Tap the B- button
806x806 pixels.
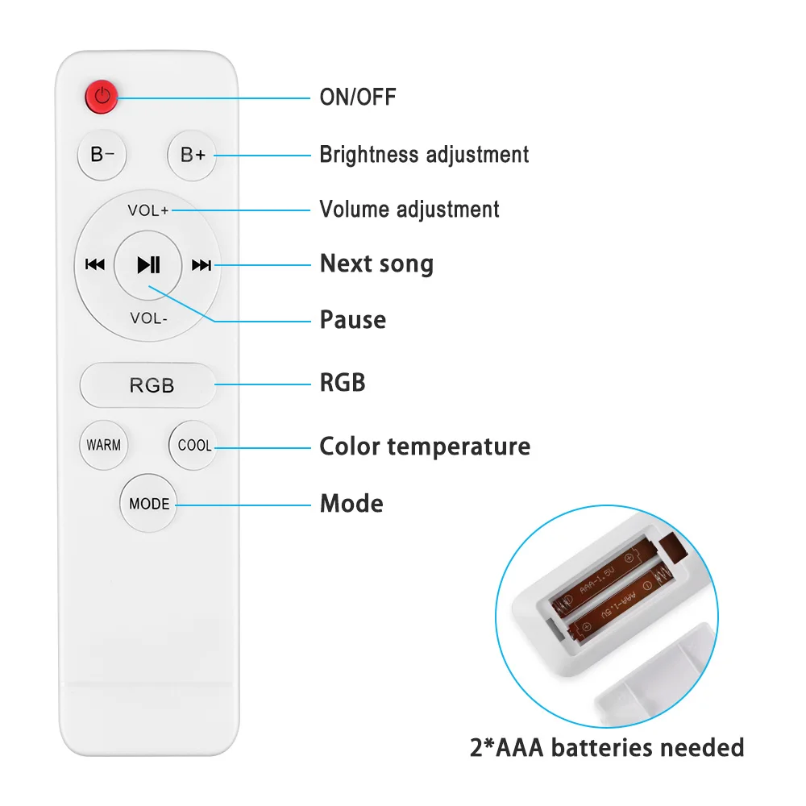pyautogui.click(x=102, y=155)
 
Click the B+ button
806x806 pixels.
pyautogui.click(x=193, y=155)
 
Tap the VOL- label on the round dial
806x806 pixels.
pyautogui.click(x=149, y=318)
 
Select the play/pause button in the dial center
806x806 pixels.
pyautogui.click(x=148, y=264)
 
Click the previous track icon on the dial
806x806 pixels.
pyautogui.click(x=95, y=264)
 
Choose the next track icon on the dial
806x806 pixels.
pyautogui.click(x=201, y=264)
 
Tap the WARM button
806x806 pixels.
pyautogui.click(x=104, y=445)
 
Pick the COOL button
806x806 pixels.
pyautogui.click(x=194, y=445)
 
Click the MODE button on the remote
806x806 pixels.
pyautogui.click(x=149, y=504)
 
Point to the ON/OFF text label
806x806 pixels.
pyautogui.click(x=358, y=98)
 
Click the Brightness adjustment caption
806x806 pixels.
pyautogui.click(x=424, y=154)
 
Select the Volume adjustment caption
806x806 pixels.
pyautogui.click(x=409, y=210)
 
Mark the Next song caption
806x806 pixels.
pyautogui.click(x=376, y=264)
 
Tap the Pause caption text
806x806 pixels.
pyautogui.click(x=353, y=319)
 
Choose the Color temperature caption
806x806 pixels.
pyautogui.click(x=425, y=447)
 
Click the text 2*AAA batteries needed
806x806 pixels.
pyautogui.click(x=606, y=747)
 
